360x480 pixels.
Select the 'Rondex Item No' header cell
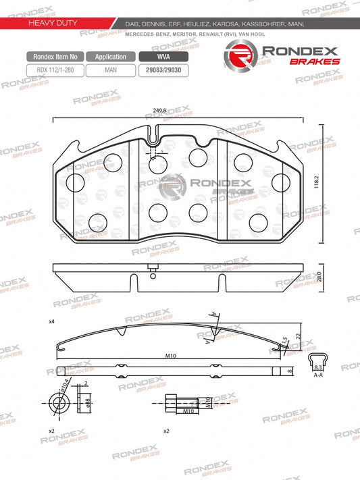coord(55,57)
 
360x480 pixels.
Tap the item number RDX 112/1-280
coord(55,69)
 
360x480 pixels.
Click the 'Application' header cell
coord(111,57)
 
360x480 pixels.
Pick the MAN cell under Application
coord(111,69)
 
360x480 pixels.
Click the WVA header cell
coord(163,57)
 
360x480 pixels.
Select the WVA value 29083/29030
coord(163,69)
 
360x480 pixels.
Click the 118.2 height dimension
coord(316,183)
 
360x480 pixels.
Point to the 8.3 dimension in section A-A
coord(317,367)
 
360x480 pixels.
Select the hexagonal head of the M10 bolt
coord(170,403)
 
